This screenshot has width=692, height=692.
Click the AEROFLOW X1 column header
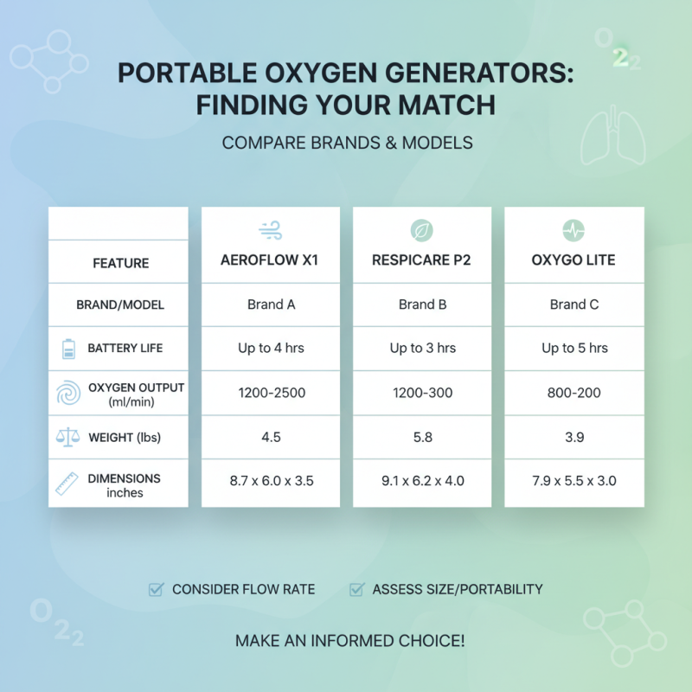(x=270, y=259)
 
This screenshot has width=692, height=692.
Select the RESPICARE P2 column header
(x=421, y=259)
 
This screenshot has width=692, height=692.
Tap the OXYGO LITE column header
(x=573, y=259)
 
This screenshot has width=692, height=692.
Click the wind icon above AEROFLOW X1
(x=270, y=230)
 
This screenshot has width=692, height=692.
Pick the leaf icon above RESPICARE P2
(x=421, y=230)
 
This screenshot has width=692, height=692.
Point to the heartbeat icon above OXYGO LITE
(x=573, y=230)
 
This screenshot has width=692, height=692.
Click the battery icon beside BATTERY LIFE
(x=68, y=349)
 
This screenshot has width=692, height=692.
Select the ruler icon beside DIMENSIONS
(x=68, y=483)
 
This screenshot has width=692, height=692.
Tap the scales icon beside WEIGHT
(x=68, y=438)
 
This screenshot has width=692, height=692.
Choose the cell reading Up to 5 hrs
(x=574, y=349)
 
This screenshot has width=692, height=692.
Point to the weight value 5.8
(x=422, y=438)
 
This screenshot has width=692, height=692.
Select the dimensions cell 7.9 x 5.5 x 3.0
(x=574, y=481)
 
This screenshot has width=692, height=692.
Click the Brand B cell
(x=422, y=304)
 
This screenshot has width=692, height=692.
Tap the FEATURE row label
(x=120, y=263)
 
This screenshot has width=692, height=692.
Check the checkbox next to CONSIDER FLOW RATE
(x=156, y=590)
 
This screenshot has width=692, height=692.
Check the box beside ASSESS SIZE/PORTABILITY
(x=356, y=590)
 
